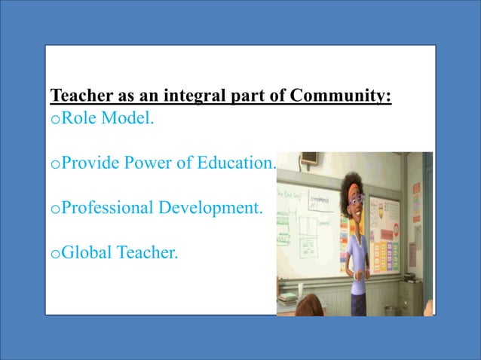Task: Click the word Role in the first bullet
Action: [75, 119]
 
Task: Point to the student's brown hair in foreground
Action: [312, 307]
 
